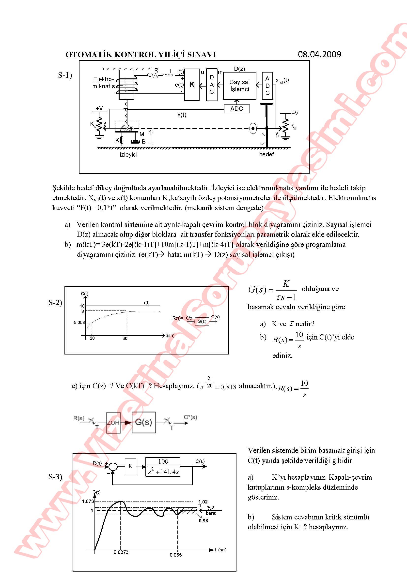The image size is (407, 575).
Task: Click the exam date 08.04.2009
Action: pos(319,54)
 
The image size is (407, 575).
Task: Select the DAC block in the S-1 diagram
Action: pos(212,85)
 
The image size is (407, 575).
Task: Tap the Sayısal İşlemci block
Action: pos(240,86)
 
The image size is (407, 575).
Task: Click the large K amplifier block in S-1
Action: pos(192,85)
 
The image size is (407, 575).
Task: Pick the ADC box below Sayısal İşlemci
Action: pos(236,109)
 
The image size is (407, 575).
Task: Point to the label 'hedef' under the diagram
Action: pos(266,154)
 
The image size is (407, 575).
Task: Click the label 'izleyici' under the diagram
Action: pos(128,155)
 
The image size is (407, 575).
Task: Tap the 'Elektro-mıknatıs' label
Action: pos(104,83)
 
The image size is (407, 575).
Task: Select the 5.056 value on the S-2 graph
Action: pos(79,323)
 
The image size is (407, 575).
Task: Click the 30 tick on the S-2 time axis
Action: pos(125,338)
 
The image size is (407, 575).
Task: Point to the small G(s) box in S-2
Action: pos(202,321)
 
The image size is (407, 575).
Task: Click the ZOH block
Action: pos(113,423)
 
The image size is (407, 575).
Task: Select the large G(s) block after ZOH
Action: pos(144,422)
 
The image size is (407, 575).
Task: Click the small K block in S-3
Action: pos(130,466)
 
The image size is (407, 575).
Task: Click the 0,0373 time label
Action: pos(121,552)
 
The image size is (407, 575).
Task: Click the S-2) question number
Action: pos(55,303)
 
